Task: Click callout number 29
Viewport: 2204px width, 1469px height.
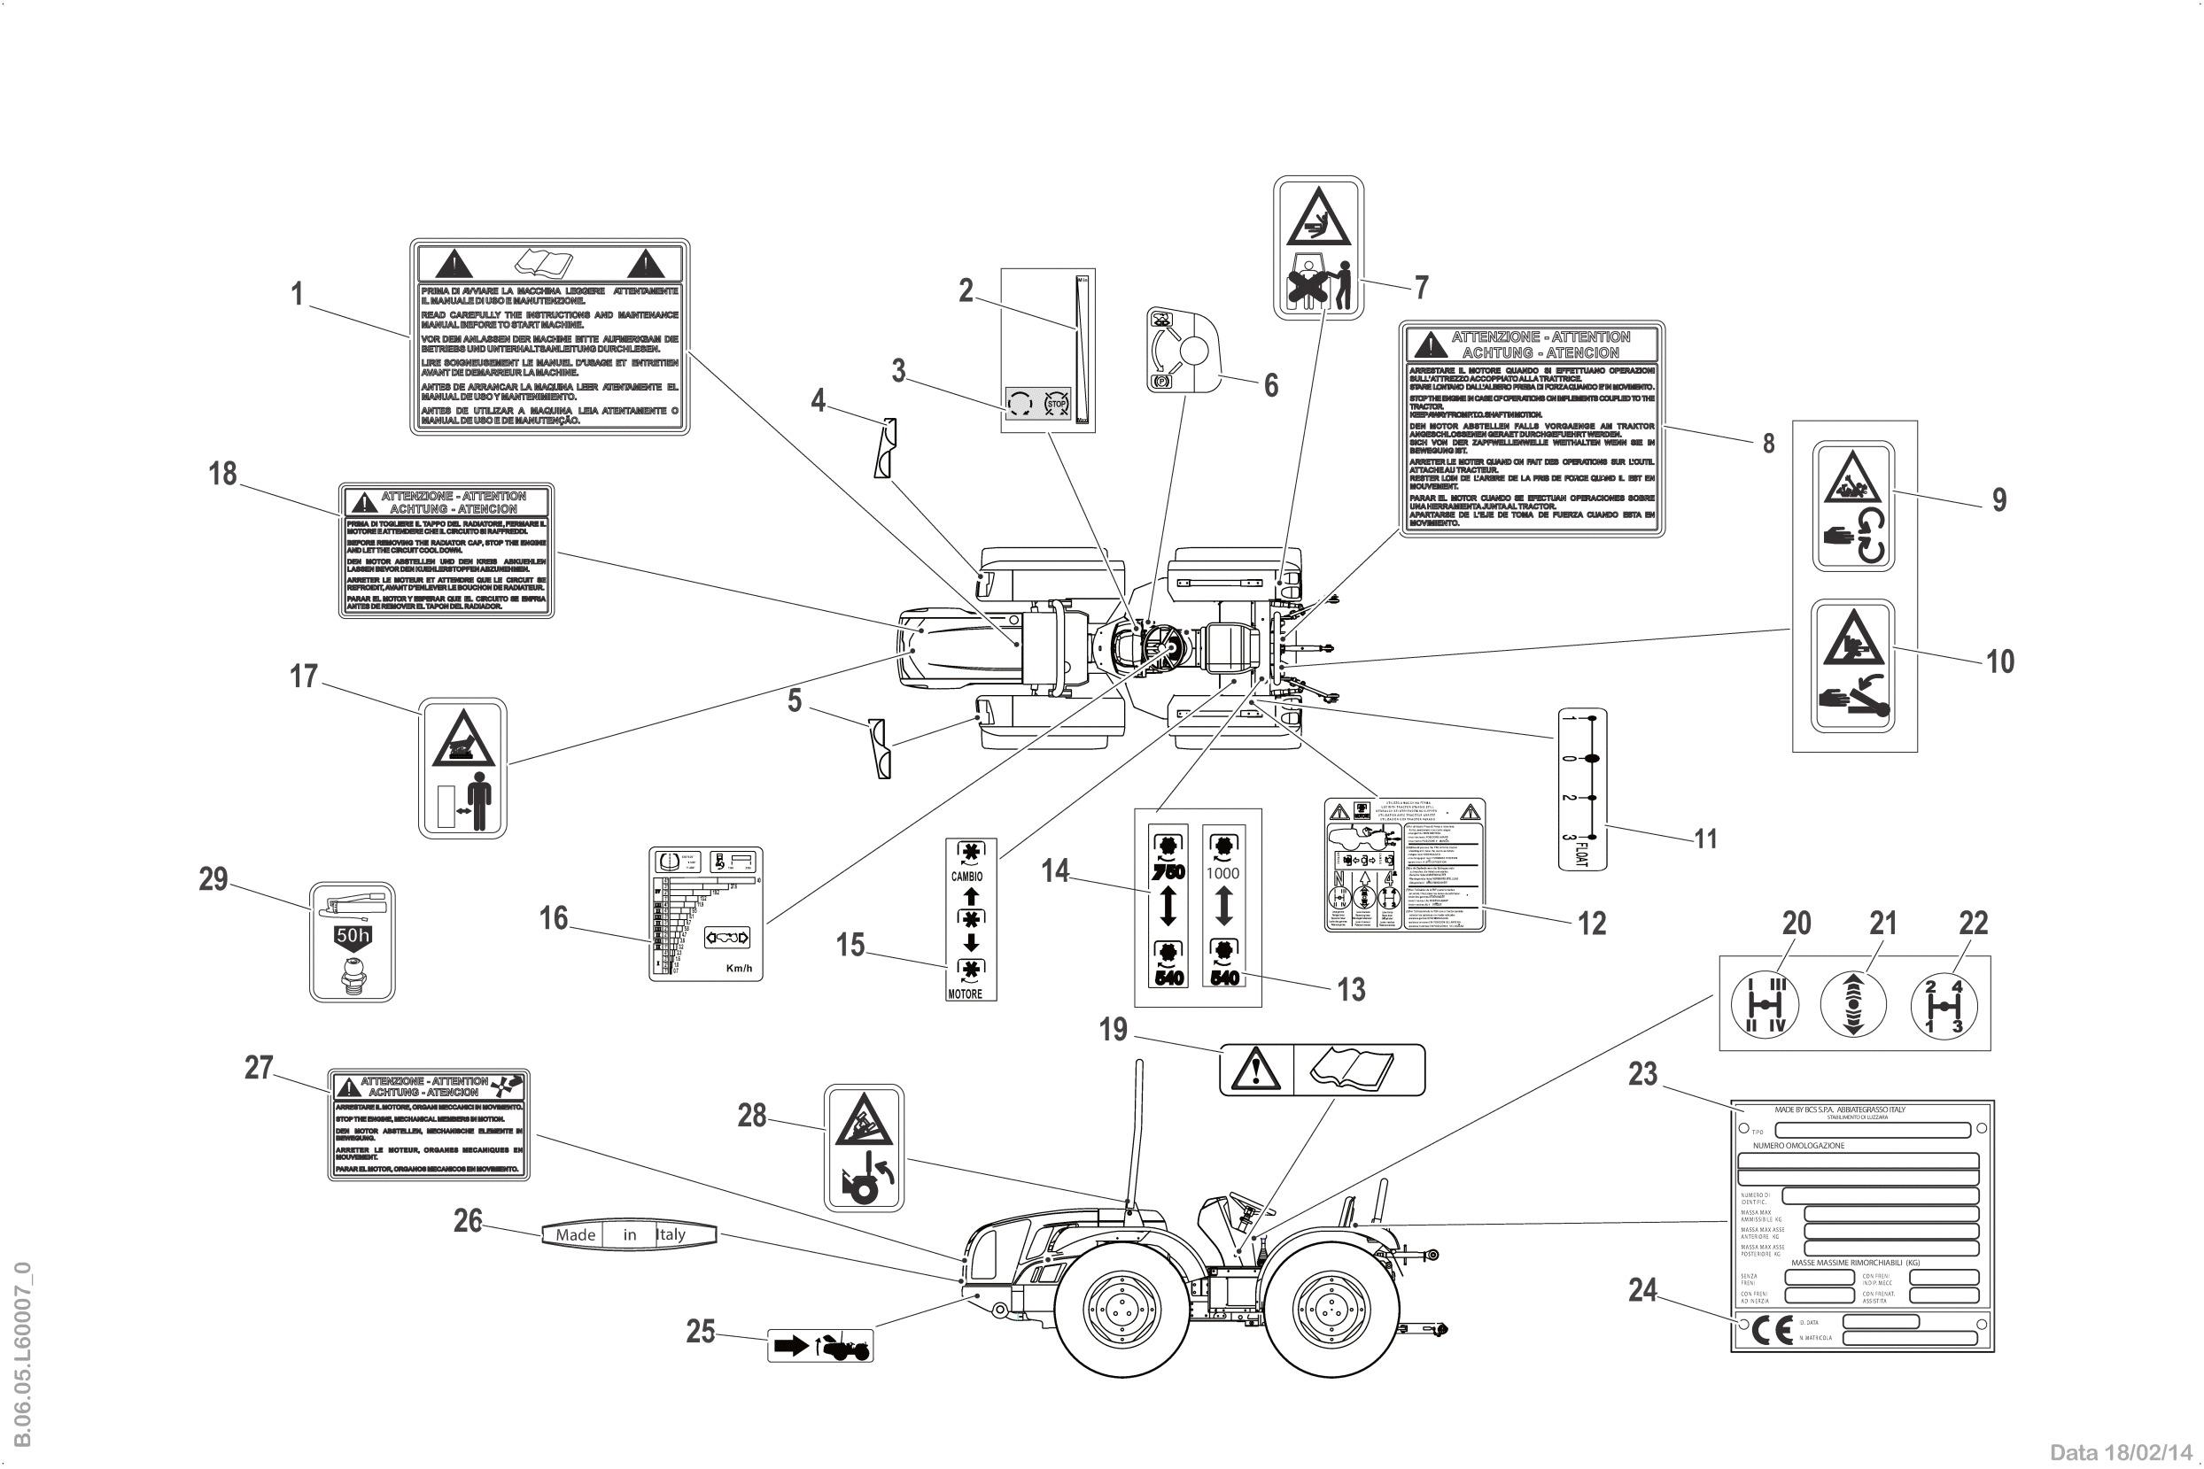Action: [213, 878]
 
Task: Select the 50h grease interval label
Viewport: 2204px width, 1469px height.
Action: [353, 942]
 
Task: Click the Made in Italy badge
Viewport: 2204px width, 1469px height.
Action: [628, 1233]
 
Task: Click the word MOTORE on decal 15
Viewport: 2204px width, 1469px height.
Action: [966, 994]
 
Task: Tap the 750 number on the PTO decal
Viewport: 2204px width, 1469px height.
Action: [1168, 871]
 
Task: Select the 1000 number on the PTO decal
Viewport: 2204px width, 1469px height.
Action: [1222, 872]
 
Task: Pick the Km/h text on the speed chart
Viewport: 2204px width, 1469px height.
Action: [740, 967]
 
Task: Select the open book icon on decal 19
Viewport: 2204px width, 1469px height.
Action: [1357, 1069]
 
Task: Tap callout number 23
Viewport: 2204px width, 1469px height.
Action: [1642, 1074]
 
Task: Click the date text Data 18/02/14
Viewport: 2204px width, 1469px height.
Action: [2123, 1452]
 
